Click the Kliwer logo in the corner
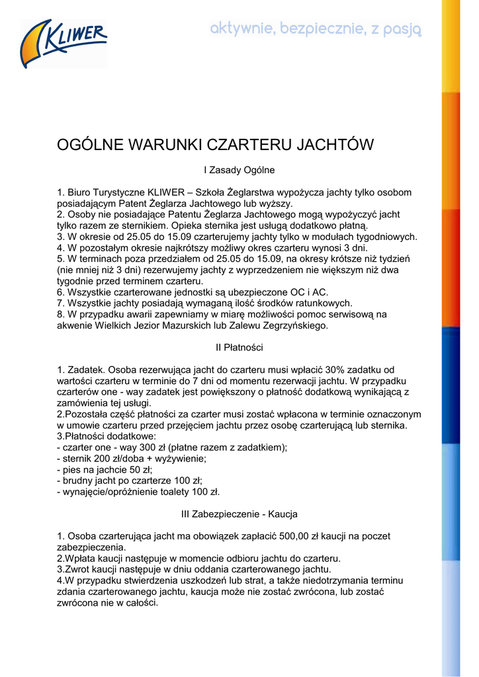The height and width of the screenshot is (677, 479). coord(64,44)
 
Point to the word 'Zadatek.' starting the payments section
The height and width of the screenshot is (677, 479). coord(86,370)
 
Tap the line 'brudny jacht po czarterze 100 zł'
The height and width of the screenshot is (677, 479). coord(130,481)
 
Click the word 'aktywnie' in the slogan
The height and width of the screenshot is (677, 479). coord(241,30)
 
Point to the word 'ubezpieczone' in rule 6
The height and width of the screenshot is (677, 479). coord(259,292)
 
